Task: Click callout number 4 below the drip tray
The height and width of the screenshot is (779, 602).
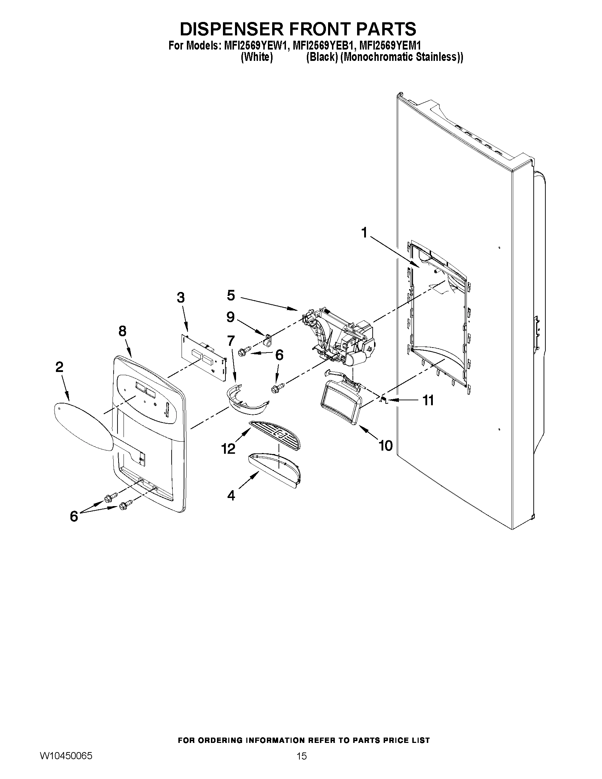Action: [231, 495]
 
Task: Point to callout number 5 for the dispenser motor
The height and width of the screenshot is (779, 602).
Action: [231, 295]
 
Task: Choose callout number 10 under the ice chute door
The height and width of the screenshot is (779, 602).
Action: [385, 445]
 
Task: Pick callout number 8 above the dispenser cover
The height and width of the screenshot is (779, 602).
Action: [122, 331]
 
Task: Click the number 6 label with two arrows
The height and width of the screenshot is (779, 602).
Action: [74, 516]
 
